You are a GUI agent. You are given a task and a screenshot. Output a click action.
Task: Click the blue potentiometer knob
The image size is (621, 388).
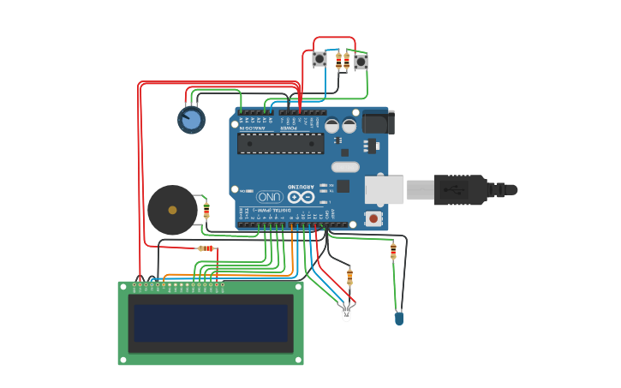[192, 119]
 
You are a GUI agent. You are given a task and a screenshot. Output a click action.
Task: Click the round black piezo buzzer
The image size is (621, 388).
[171, 210]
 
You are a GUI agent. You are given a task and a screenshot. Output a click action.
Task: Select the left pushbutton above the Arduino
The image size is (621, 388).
[319, 59]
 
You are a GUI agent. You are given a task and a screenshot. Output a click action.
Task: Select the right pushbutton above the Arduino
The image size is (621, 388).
[361, 62]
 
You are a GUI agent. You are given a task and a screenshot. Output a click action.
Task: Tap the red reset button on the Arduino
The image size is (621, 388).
[373, 218]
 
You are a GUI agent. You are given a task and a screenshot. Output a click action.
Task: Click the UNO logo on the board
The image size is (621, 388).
[268, 195]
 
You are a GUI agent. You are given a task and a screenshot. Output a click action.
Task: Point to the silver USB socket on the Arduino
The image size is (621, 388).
[384, 189]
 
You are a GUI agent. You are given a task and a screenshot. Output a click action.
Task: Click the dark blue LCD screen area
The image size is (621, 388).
[211, 323]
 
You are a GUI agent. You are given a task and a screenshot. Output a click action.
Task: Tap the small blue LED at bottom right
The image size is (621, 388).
[399, 318]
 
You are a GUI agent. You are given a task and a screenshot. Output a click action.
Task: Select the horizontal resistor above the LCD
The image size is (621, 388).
[206, 248]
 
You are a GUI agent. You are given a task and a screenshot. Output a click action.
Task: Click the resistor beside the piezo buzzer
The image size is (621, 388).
[206, 211]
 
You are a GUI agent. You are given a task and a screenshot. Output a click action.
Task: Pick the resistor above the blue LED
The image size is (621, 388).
[393, 251]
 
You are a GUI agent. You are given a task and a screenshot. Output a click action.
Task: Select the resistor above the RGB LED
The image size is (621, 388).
[349, 277]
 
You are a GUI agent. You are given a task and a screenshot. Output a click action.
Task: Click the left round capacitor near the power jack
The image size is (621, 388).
[332, 125]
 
